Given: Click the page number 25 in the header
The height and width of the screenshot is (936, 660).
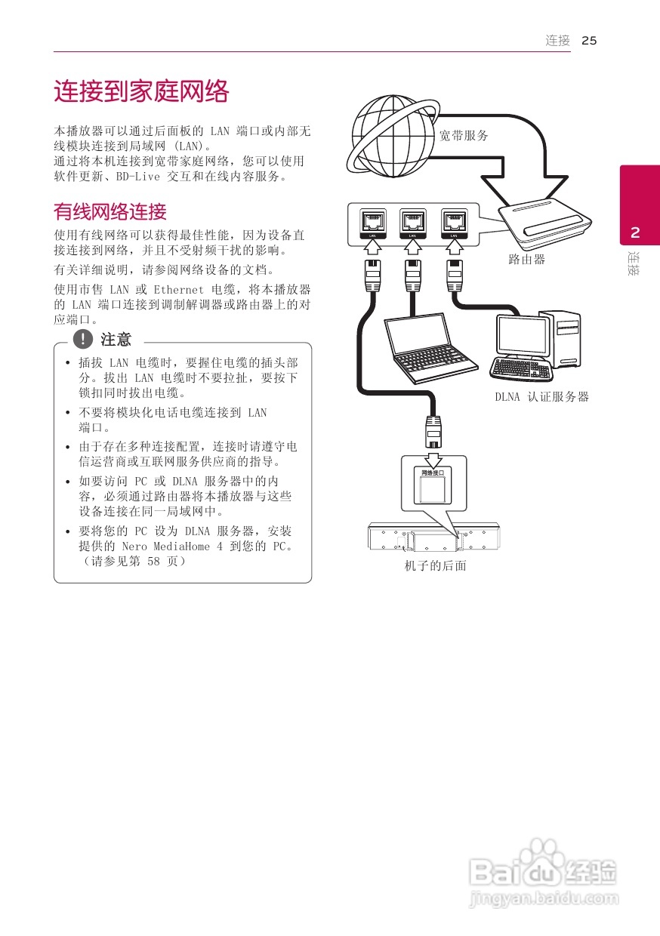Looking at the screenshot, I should pos(589,41).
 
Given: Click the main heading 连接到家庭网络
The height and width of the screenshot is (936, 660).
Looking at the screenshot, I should pos(140,92).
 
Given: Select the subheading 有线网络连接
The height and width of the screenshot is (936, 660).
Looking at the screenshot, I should pos(109,211).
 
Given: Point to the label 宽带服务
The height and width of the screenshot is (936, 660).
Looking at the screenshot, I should pos(464,136).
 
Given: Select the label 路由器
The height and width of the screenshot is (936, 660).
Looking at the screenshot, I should pos(526,260).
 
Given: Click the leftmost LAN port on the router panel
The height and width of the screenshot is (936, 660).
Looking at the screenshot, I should pos(372,222).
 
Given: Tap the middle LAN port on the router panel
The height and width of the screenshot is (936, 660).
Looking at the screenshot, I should pos(413,222).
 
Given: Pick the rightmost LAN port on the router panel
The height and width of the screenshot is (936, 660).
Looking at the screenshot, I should pos(453,222).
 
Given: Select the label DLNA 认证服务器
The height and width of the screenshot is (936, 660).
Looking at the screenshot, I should pos(541,397).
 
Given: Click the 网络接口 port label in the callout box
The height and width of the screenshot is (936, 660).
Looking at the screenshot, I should pos(433,473).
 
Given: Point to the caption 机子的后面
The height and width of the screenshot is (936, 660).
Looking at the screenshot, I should pos(435,565).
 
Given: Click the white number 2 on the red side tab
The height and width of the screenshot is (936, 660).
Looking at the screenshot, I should pos(635,232).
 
